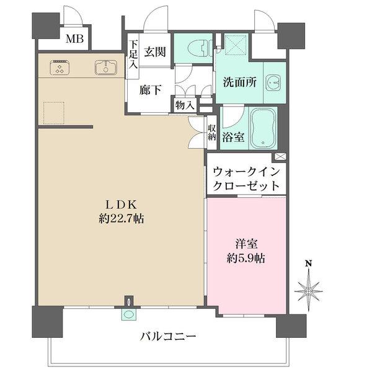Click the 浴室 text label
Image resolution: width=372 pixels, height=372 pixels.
(x=234, y=138)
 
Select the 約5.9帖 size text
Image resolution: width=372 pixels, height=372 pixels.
(x=246, y=258)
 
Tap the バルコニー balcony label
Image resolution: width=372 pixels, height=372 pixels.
(x=168, y=338)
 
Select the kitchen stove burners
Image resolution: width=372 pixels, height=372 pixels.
(x=60, y=67)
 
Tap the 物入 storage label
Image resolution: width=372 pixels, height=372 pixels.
(x=185, y=106)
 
